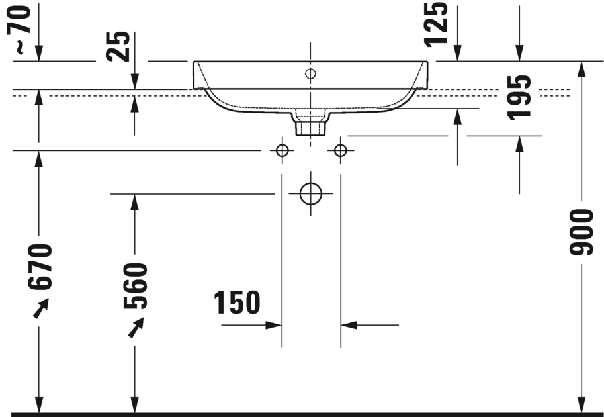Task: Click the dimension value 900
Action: [582, 232]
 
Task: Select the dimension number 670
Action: [40, 267]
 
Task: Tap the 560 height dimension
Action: [135, 286]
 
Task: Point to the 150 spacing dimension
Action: [237, 303]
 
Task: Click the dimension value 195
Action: [520, 97]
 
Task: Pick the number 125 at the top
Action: [437, 24]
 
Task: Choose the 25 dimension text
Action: [119, 46]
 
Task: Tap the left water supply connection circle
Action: [282, 151]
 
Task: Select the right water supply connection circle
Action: [340, 151]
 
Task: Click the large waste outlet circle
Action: [310, 194]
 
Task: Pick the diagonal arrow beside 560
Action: [136, 327]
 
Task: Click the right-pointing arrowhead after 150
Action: [274, 325]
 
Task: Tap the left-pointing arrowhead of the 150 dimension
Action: [349, 325]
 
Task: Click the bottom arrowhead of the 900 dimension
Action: [582, 404]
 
